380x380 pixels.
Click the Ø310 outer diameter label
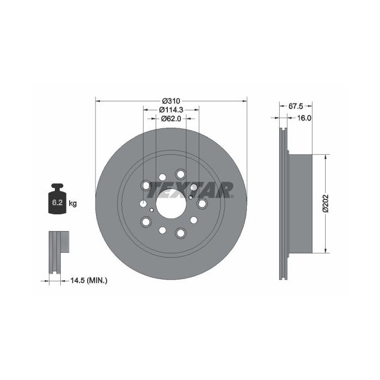pyautogui.click(x=171, y=101)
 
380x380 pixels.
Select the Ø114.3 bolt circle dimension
pyautogui.click(x=171, y=110)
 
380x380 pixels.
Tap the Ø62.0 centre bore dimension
pyautogui.click(x=171, y=119)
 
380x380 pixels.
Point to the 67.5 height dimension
pyautogui.click(x=296, y=106)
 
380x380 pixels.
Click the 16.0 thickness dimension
pyautogui.click(x=304, y=118)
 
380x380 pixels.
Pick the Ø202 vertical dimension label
pyautogui.click(x=326, y=204)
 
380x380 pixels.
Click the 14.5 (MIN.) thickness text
pyautogui.click(x=89, y=281)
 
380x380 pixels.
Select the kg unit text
pyautogui.click(x=73, y=203)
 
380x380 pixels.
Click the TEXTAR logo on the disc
pyautogui.click(x=190, y=190)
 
